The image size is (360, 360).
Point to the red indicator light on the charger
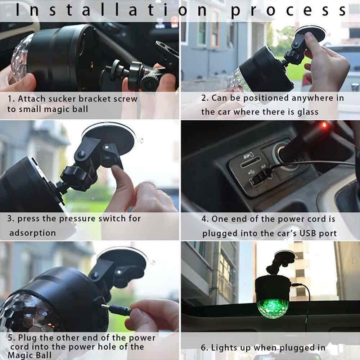[324, 125]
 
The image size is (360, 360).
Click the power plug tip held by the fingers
[105, 306]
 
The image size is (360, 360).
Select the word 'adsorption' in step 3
[32, 233]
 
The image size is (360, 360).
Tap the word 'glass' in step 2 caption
[308, 112]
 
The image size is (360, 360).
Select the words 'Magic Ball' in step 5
[30, 355]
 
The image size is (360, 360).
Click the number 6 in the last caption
[203, 347]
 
